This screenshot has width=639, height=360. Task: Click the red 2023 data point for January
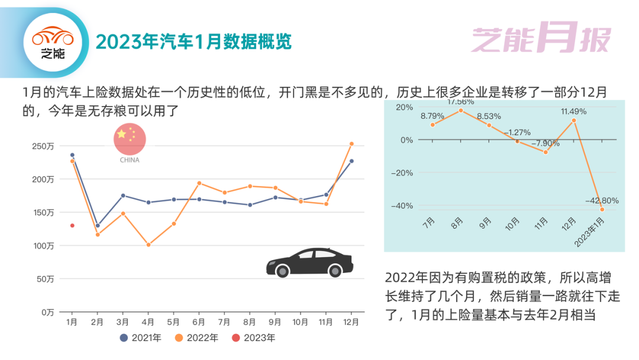point(72,226)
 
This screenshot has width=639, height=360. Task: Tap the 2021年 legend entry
point(141,338)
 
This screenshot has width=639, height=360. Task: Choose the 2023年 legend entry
point(253,338)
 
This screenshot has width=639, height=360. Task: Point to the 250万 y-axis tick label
point(43,146)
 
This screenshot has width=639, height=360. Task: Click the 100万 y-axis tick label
point(43,245)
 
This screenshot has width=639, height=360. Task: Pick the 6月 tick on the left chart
point(199,323)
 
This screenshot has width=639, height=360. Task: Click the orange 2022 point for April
point(149,245)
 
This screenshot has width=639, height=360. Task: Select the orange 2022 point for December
point(351,144)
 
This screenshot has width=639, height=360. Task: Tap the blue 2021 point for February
point(98,226)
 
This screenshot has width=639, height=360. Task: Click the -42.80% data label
point(602,201)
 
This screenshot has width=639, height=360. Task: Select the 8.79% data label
point(433,115)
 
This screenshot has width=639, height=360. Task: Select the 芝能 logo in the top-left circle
point(53,43)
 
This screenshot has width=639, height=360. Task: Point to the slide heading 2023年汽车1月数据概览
point(193,42)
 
